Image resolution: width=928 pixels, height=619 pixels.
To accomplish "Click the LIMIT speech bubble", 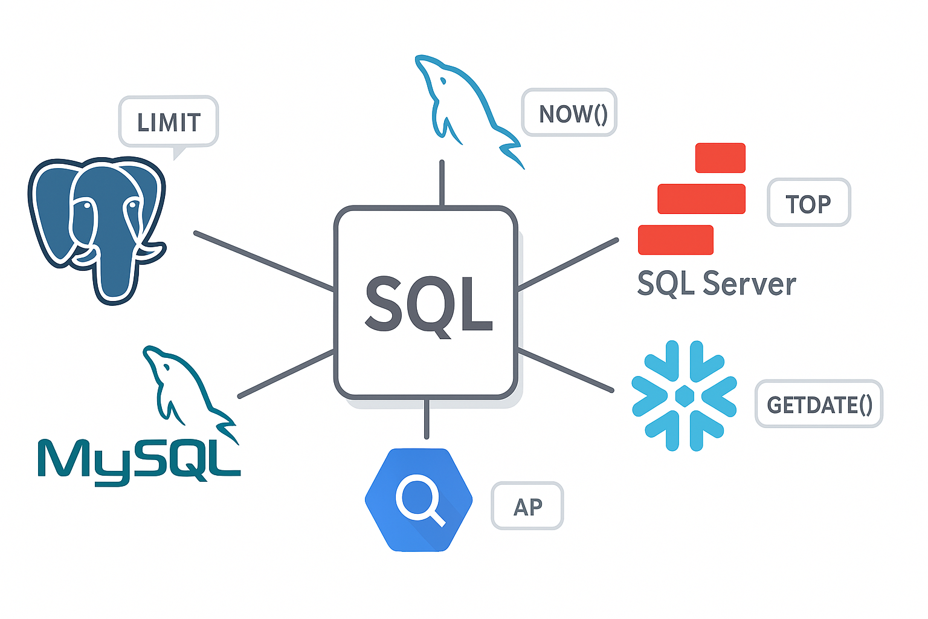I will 168,122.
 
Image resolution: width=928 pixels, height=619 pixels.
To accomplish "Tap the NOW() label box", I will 569,113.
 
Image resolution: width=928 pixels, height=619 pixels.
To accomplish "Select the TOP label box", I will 808,203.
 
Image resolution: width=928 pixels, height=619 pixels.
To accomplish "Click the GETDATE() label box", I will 819,404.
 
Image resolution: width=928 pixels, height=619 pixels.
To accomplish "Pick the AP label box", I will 527,506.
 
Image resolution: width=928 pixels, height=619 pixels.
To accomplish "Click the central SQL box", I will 427,303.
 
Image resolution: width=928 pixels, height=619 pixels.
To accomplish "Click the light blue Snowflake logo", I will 684,396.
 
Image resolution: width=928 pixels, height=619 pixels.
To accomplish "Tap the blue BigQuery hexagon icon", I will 419,499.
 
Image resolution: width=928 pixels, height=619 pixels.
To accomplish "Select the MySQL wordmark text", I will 139,461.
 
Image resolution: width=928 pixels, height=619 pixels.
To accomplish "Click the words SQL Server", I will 717,283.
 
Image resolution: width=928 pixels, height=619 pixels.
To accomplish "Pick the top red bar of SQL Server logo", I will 720,158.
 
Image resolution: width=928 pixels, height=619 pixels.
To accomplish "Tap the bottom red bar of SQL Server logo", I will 675,239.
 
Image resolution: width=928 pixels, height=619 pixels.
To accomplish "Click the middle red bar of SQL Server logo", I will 701,199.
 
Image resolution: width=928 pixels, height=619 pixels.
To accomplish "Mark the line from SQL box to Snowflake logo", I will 565,370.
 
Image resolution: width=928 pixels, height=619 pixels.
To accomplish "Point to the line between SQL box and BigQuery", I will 427,418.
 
